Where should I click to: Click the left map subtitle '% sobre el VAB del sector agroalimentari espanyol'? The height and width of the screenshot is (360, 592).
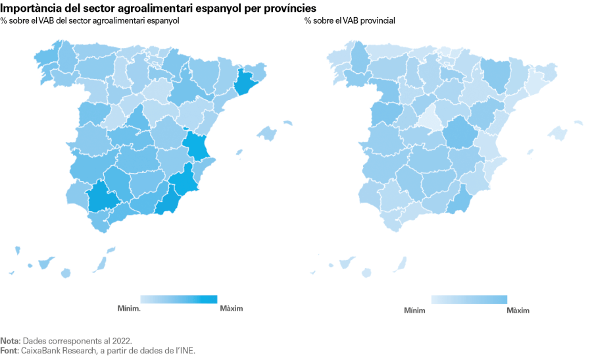point(90,21)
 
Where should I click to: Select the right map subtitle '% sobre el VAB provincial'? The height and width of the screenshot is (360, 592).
point(349,21)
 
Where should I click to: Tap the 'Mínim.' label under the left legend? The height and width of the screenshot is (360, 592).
point(129,309)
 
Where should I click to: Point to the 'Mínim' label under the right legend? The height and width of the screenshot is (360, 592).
point(414,310)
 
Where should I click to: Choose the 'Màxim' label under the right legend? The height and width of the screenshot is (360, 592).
point(518,310)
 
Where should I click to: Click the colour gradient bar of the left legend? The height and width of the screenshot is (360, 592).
point(178,299)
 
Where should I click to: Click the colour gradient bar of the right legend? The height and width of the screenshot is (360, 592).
point(468,299)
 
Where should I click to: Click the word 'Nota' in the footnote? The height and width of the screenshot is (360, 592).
point(9,341)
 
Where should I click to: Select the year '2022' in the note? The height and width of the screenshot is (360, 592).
point(122,341)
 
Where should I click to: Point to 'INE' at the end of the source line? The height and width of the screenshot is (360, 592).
point(187,351)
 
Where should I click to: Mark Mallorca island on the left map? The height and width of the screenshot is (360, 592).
point(266,134)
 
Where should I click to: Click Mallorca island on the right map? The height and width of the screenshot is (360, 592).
point(557,134)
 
